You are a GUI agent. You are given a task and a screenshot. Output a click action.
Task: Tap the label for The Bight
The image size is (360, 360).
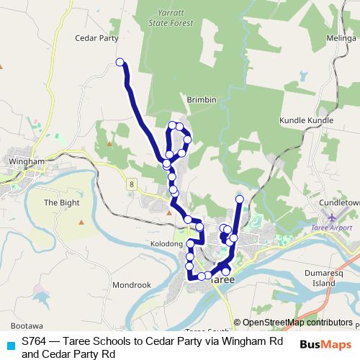click(x=60, y=202)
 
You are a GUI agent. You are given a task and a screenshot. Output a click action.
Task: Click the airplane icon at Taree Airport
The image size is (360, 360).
click(x=332, y=217)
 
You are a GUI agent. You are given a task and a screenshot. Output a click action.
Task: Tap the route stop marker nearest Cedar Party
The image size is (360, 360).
click(x=120, y=62)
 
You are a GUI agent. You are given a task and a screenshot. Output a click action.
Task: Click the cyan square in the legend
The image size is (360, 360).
click(x=9, y=345)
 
